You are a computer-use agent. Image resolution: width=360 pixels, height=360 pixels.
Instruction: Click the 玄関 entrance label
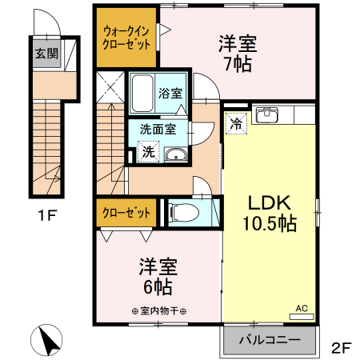(x=46, y=54)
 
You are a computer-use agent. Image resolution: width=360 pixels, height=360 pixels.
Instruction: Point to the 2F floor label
(x=342, y=348)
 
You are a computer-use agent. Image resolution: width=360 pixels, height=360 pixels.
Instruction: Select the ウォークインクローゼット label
(x=126, y=38)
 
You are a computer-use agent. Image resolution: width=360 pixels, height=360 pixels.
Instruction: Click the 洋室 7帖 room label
(x=238, y=53)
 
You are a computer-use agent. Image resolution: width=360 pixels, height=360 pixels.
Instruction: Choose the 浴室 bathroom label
(x=170, y=93)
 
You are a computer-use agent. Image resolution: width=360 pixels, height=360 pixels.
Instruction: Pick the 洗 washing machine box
(x=147, y=151)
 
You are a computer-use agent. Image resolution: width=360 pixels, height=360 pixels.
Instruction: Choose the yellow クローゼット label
(x=126, y=214)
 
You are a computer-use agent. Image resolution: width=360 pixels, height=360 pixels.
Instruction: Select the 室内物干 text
(x=158, y=311)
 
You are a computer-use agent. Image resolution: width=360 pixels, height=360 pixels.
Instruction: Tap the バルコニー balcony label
(x=270, y=341)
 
